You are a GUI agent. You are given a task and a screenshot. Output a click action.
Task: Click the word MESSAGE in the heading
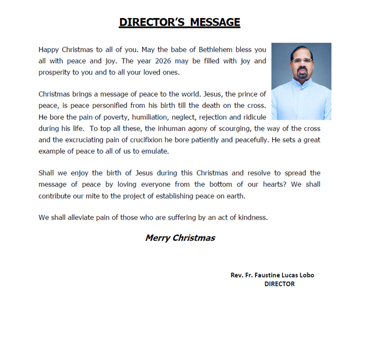215,22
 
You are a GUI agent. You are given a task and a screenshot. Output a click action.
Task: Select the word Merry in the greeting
157,238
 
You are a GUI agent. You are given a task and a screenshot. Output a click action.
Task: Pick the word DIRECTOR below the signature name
280,284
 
